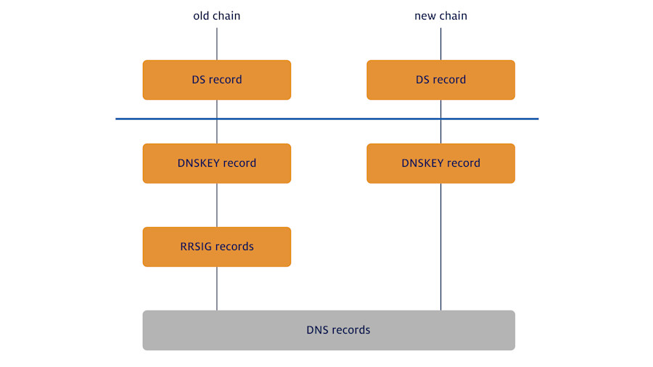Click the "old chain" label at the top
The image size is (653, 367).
click(216, 15)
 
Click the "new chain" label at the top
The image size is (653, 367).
click(440, 15)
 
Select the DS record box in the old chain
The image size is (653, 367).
click(216, 80)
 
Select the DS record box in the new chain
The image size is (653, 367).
click(440, 80)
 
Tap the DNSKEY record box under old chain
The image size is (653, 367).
click(216, 163)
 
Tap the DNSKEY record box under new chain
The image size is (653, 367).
click(440, 163)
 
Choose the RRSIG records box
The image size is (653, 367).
click(216, 247)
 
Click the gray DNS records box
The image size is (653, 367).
click(328, 330)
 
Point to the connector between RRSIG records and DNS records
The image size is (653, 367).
click(216, 289)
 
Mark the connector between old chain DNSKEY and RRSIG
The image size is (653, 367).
click(216, 205)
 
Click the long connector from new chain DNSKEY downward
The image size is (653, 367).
click(440, 247)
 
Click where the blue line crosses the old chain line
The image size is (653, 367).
click(216, 118)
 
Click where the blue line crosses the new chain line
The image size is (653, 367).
click(440, 118)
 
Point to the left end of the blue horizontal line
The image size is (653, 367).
click(118, 118)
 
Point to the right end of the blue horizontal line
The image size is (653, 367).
click(537, 118)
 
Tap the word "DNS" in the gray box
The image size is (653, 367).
click(317, 330)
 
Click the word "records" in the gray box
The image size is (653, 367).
click(351, 330)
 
